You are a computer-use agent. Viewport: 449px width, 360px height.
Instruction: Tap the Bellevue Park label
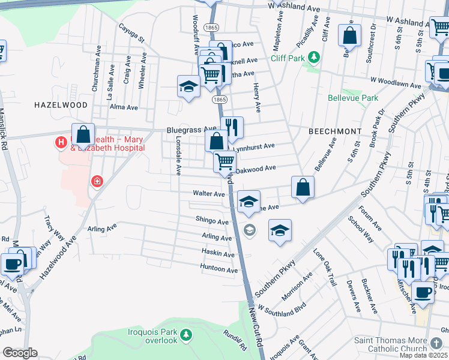pyautogui.click(x=353, y=98)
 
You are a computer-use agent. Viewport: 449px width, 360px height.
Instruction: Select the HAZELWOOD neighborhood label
pyautogui.click(x=61, y=104)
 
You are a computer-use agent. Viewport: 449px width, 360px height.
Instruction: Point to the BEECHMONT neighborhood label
pyautogui.click(x=334, y=131)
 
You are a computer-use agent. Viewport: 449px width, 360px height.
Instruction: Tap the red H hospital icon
pyautogui.click(x=61, y=143)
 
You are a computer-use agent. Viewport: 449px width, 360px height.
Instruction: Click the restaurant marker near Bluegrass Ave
pyautogui.click(x=231, y=127)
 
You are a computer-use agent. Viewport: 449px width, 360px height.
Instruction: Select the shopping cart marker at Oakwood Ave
pyautogui.click(x=224, y=161)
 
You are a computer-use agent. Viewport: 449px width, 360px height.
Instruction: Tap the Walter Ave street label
pyautogui.click(x=208, y=194)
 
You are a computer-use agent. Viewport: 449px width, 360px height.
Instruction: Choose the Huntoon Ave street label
pyautogui.click(x=218, y=270)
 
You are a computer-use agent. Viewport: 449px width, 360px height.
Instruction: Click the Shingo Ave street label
pyautogui.click(x=212, y=221)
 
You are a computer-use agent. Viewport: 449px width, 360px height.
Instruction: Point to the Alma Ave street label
pyautogui.click(x=124, y=107)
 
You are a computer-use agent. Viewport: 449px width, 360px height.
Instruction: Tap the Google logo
pyautogui.click(x=20, y=353)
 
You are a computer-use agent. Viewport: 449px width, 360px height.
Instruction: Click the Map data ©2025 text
pyautogui.click(x=424, y=355)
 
